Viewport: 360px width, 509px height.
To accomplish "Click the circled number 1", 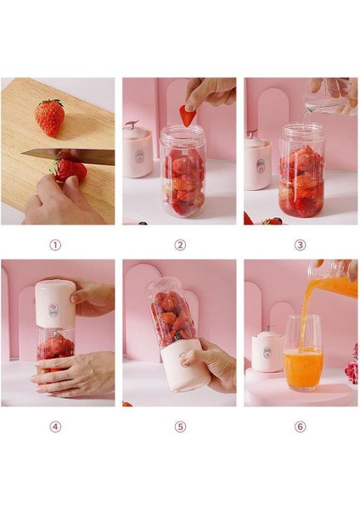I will point(56,245).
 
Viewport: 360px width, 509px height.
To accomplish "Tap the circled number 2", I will point(180,245).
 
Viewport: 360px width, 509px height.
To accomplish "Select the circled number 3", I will point(301,245).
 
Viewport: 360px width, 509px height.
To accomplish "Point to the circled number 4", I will point(56,427).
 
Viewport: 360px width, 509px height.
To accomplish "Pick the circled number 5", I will point(180,427).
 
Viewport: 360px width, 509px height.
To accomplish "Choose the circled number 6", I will point(301,427).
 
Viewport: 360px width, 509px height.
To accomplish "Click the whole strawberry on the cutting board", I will point(49,117).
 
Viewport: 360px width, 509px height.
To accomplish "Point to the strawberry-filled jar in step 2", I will point(182,174).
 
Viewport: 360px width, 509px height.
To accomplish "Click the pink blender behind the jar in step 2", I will point(137,151).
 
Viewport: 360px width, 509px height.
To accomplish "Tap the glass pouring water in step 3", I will point(331,95).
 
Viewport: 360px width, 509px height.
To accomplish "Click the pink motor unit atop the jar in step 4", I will point(55,305).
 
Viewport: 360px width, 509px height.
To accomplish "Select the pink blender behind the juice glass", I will point(268,351).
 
